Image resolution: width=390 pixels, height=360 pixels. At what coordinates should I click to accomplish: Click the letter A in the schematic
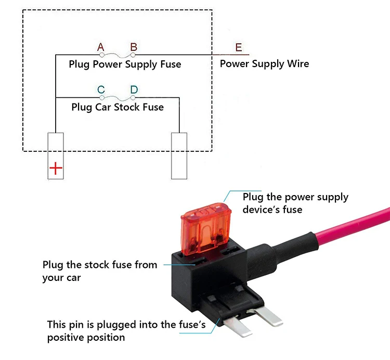[x=101, y=48]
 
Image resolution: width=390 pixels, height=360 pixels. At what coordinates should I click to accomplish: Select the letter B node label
[x=134, y=48]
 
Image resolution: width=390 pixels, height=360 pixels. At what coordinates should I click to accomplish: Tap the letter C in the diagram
[x=101, y=90]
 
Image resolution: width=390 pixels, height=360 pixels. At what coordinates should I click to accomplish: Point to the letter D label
[x=134, y=90]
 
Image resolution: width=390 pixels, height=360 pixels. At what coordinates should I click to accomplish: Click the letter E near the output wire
[x=239, y=48]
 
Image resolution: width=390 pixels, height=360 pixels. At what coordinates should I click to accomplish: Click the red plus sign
[x=56, y=169]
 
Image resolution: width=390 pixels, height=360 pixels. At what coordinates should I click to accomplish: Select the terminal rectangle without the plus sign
[x=179, y=156]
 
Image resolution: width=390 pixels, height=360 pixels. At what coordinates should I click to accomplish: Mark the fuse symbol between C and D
[x=118, y=97]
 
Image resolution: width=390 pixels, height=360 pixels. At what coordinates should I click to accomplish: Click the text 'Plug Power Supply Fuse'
[x=125, y=65]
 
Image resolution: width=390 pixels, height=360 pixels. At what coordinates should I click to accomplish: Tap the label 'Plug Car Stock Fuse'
[x=118, y=108]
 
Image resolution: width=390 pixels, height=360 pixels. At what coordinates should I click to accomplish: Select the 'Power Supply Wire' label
[x=264, y=64]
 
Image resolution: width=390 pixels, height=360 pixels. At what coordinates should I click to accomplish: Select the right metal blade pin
[x=270, y=315]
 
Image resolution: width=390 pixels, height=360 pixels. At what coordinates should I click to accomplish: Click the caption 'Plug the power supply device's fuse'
[x=295, y=203]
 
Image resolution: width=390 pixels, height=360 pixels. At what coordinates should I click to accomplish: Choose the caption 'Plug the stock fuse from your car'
[x=100, y=271]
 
